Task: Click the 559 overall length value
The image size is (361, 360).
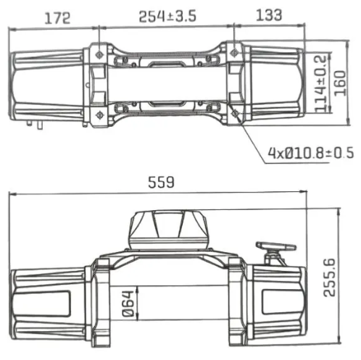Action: coord(162,183)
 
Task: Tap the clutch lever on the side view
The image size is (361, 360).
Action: coord(277,250)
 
